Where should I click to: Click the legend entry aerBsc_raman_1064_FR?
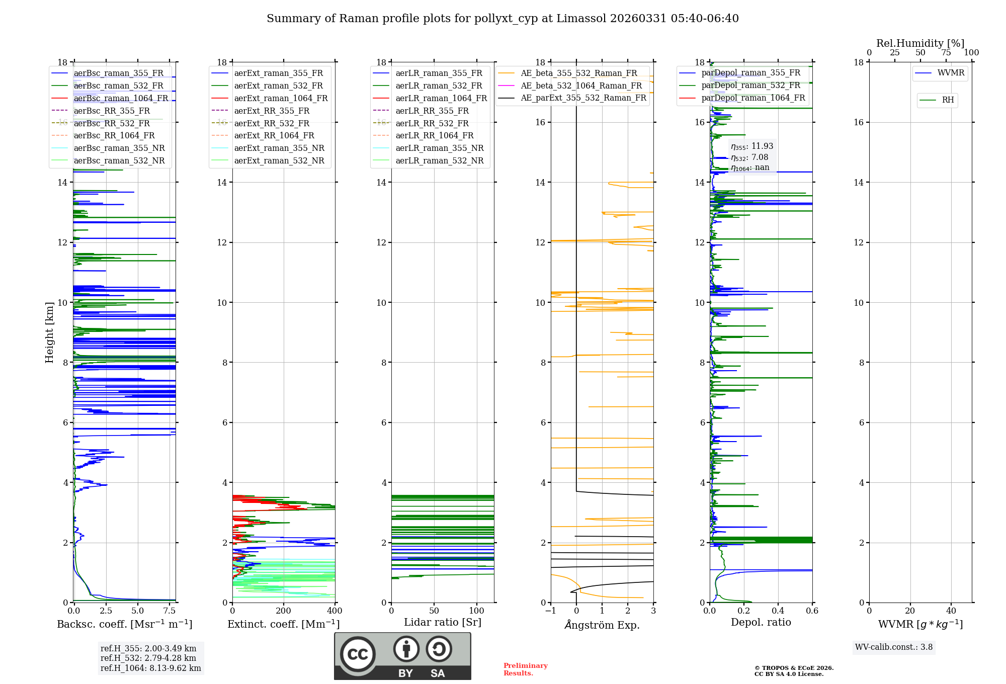(x=121, y=98)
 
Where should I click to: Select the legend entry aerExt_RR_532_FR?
(x=272, y=123)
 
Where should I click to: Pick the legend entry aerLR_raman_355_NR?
(x=439, y=148)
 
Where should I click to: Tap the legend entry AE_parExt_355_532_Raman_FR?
(x=583, y=98)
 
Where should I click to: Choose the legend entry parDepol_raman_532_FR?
(x=750, y=85)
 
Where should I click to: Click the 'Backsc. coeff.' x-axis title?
(x=124, y=624)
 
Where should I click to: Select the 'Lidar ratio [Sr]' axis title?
(x=443, y=622)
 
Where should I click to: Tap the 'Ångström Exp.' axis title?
(x=602, y=625)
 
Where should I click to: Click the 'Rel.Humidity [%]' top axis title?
(x=920, y=43)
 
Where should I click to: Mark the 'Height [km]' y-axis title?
(x=49, y=332)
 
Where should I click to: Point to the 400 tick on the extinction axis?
(x=335, y=611)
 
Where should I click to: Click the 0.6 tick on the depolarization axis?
(x=812, y=611)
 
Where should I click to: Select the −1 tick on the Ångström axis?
(x=551, y=611)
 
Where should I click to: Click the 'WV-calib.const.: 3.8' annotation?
(x=894, y=647)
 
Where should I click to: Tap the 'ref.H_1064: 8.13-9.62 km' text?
(x=150, y=668)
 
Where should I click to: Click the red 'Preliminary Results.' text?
(x=525, y=669)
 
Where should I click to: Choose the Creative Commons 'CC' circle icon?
(x=358, y=654)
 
